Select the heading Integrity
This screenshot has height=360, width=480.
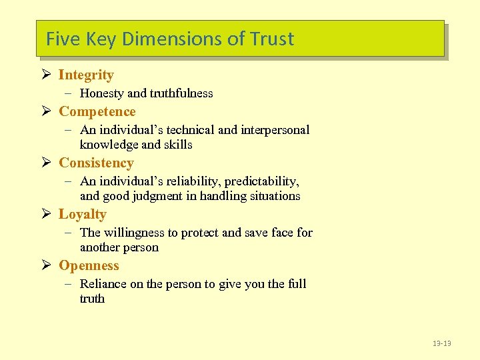(x=86, y=75)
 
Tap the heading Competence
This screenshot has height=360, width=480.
(x=97, y=111)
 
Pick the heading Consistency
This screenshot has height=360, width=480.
(x=96, y=163)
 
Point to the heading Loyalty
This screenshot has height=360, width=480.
(x=82, y=214)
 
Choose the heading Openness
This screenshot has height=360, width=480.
(x=89, y=265)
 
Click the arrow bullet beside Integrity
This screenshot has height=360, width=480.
(x=46, y=75)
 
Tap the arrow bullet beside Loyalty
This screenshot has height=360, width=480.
(x=46, y=214)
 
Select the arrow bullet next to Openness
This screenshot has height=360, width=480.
(x=46, y=265)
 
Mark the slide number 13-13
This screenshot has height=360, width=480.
(x=441, y=343)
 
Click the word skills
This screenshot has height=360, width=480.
(x=177, y=145)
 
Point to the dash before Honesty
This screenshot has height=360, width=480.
(x=69, y=93)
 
